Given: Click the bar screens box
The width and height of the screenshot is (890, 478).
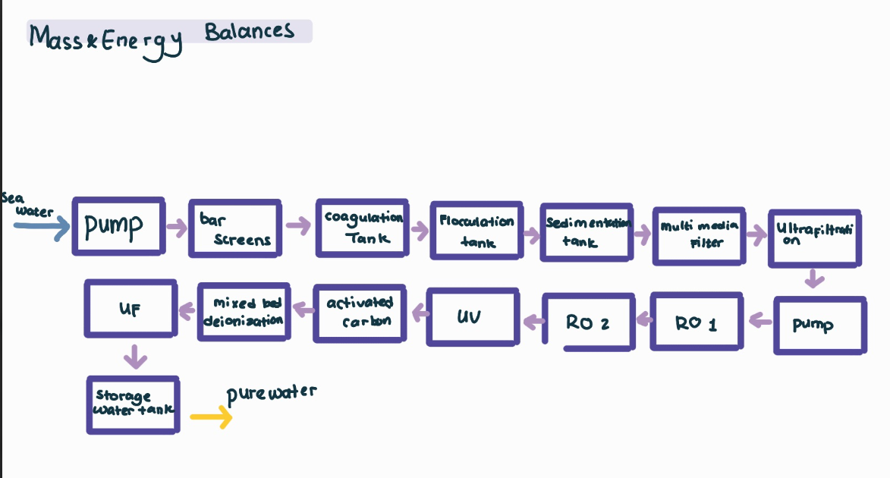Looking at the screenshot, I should point(234,228).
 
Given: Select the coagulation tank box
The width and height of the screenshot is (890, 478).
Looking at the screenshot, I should point(362,228).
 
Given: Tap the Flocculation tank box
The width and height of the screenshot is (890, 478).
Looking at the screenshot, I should point(476,231).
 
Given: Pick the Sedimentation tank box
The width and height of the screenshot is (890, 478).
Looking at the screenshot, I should point(586,232).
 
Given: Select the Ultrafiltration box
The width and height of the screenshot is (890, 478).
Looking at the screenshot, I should point(814,238).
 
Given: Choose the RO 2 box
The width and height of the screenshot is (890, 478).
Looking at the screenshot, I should point(587,322).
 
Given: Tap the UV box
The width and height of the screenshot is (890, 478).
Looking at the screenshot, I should point(472,316).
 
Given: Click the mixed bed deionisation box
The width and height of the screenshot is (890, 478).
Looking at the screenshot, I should point(243,311).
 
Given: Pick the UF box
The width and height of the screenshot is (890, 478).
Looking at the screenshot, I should point(130,309).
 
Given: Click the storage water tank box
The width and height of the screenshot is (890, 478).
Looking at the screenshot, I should point(133,405).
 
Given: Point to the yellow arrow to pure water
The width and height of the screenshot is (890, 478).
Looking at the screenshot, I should point(211,417).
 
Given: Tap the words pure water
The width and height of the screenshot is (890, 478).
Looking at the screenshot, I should point(271,393).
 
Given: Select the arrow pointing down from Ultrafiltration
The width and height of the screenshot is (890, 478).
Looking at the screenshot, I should point(813,278).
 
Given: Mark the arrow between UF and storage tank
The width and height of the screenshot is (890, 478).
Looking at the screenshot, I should point(134,356).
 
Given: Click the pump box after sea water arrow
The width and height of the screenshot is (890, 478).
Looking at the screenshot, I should point(118,226).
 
